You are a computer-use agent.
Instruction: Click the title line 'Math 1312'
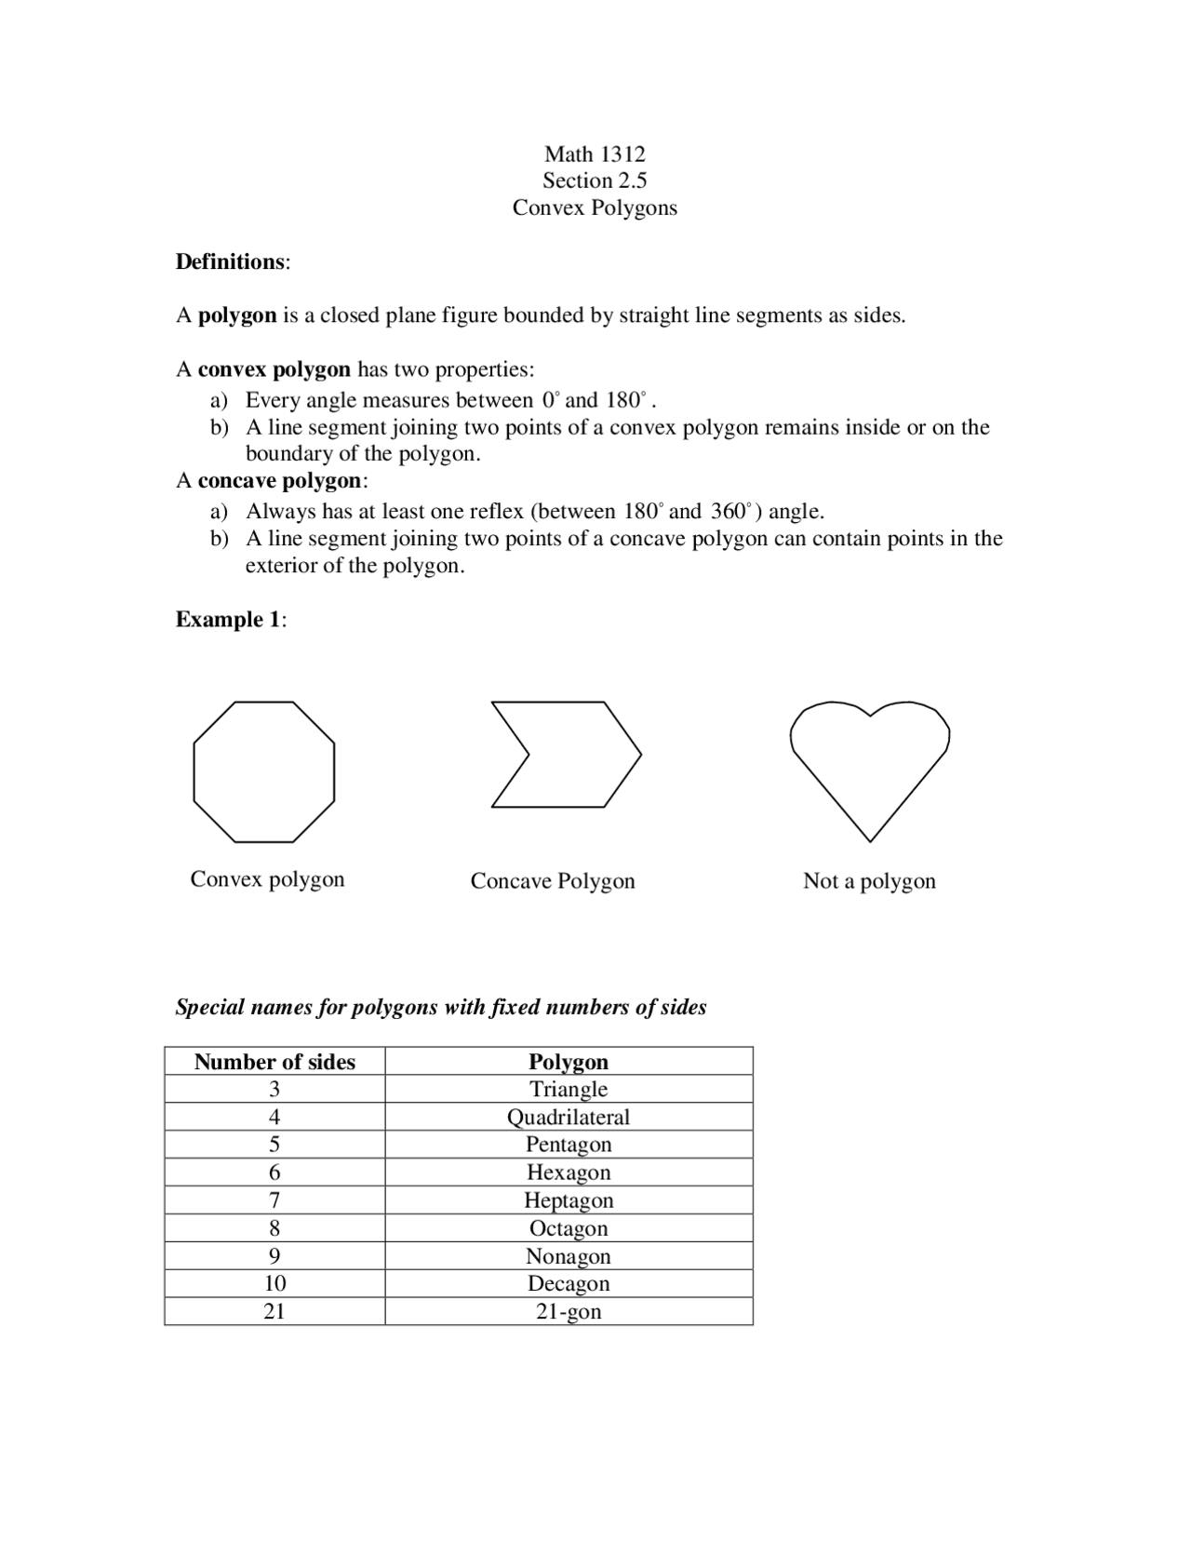595,154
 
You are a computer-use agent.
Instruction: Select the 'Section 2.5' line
595,181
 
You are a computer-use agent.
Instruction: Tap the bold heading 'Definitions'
231,261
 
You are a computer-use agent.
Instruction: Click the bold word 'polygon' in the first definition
237,315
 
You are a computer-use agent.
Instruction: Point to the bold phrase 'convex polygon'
274,369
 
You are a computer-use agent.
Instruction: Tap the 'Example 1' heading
229,620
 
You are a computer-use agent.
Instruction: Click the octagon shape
264,771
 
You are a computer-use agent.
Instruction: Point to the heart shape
869,763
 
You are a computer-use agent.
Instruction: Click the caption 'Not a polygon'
869,880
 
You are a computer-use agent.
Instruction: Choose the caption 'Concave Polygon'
553,880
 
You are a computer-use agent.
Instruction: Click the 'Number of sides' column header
274,1062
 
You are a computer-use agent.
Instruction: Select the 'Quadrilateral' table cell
569,1117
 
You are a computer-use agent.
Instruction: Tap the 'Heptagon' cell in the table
569,1200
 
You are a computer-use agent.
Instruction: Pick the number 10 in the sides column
274,1283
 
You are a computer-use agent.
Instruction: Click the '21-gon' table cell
569,1311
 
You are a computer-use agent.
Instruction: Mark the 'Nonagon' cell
569,1256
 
